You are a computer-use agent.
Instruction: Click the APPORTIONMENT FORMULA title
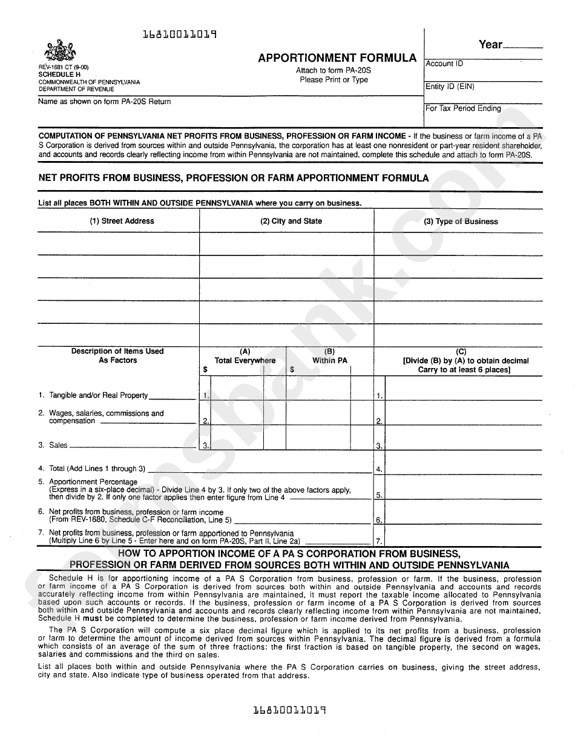tap(337, 58)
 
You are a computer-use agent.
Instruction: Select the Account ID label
tap(444, 64)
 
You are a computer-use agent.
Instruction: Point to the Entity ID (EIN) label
tap(450, 87)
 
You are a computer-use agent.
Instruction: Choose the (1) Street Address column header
tap(122, 222)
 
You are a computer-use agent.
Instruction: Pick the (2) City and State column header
tap(291, 222)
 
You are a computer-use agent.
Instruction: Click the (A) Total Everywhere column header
tap(245, 357)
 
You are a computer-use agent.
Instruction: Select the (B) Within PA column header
tap(330, 357)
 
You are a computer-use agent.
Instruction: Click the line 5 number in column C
tap(379, 495)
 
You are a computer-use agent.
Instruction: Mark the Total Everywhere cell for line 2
tap(237, 413)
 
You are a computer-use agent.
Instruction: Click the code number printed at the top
tap(179, 35)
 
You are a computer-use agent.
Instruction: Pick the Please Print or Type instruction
tap(333, 80)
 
